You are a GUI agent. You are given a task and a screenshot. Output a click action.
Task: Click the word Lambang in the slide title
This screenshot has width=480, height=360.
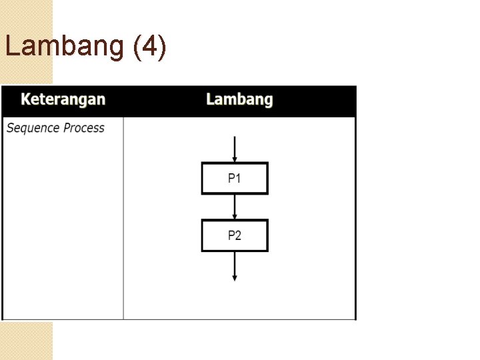65,47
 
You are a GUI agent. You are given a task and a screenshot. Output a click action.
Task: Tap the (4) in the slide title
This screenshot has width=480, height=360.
150,47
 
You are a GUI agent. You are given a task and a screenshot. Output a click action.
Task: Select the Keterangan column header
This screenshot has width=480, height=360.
63,99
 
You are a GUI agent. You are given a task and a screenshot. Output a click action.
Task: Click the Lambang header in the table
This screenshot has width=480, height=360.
239,99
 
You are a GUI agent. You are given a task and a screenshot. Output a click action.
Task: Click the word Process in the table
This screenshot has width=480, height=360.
84,127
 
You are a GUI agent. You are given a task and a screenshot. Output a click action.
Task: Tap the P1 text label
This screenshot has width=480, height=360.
235,178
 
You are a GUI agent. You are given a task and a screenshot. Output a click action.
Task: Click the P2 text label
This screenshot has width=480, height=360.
235,235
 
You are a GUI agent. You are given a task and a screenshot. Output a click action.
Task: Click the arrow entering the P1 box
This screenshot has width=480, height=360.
235,148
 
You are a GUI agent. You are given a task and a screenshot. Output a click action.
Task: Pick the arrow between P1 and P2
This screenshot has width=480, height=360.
235,206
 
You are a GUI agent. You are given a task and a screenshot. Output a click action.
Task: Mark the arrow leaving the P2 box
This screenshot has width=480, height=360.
235,265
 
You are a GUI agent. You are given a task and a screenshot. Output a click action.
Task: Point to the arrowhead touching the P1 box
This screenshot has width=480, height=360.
235,159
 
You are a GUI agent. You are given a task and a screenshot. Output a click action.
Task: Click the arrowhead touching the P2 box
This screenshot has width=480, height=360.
235,216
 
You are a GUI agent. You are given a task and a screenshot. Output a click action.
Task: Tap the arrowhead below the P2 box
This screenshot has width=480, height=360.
235,277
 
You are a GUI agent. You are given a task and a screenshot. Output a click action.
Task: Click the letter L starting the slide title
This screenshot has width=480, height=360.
11,47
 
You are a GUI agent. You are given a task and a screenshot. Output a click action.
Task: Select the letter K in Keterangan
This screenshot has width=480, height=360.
26,99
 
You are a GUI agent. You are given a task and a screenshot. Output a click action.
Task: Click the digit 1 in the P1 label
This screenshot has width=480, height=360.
239,178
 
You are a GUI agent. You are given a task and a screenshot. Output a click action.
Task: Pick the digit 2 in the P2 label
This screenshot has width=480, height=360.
239,235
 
